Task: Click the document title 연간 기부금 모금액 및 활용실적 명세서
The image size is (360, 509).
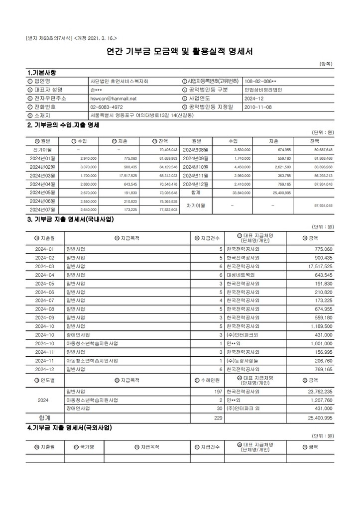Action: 180,51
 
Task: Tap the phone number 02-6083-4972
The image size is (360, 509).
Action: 107,107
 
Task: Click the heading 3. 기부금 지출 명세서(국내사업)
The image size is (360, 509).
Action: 70,219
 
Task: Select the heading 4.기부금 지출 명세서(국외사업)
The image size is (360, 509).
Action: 69,427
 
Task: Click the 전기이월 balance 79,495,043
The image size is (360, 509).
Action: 168,149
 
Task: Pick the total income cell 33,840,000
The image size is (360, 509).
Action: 241,192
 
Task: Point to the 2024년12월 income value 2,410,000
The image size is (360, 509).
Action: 242,184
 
